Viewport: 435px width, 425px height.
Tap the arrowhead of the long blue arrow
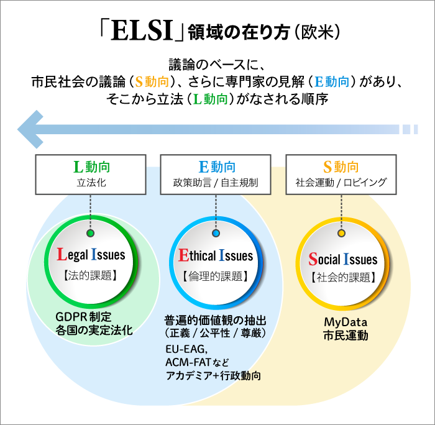(x=29, y=129)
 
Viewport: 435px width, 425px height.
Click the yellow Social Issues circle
(x=342, y=263)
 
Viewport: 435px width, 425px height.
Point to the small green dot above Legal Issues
(x=91, y=233)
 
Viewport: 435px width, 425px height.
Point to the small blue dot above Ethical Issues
(x=216, y=234)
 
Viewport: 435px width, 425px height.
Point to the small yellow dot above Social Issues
(x=341, y=234)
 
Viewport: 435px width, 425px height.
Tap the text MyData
(x=346, y=322)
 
